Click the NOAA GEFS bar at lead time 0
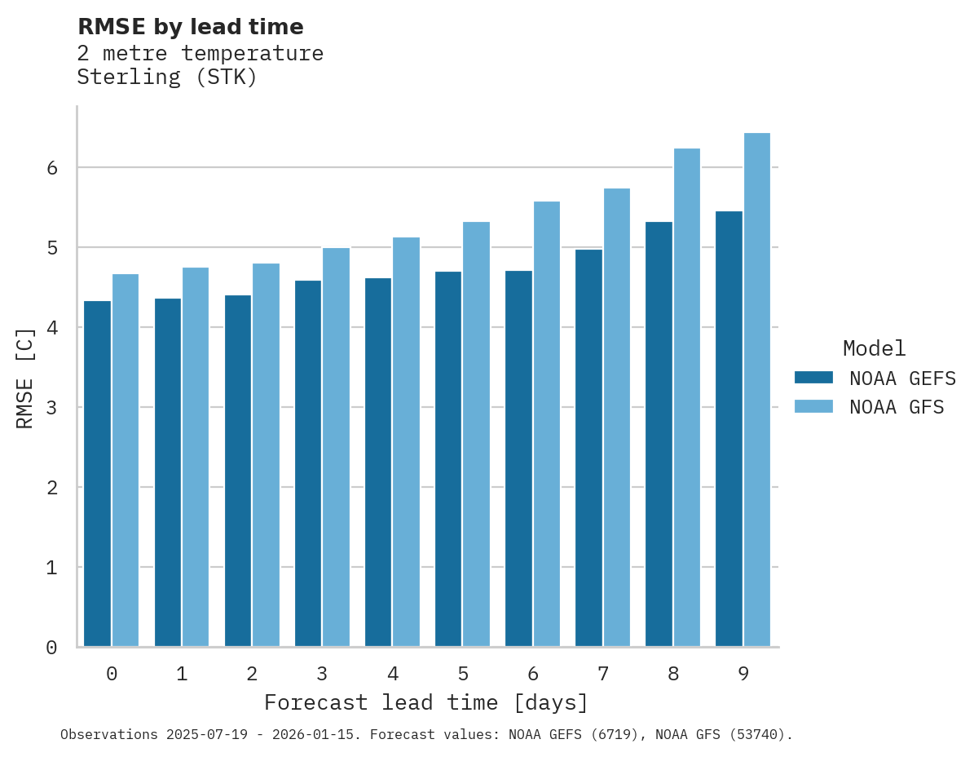(97, 473)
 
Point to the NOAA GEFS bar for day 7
(588, 448)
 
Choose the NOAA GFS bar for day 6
(546, 423)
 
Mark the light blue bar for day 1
(196, 457)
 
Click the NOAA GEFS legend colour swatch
(813, 378)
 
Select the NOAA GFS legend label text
(897, 407)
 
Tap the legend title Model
(874, 349)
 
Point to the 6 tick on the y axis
(51, 168)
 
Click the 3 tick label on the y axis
(51, 408)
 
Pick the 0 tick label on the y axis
(51, 648)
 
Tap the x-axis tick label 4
(393, 674)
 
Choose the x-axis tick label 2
(252, 674)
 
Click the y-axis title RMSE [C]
(25, 378)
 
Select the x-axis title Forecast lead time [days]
(425, 702)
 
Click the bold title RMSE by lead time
(190, 27)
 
